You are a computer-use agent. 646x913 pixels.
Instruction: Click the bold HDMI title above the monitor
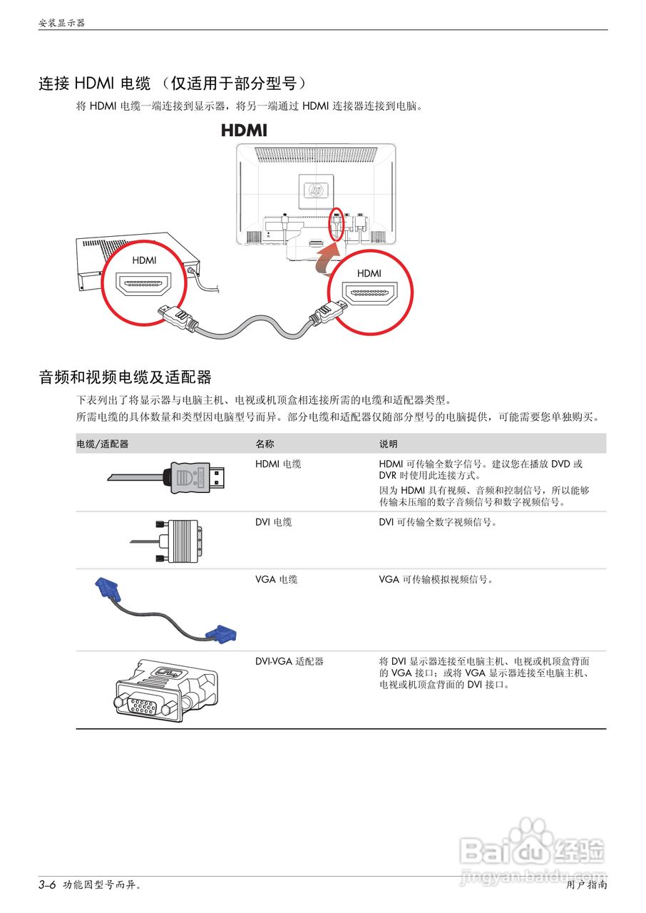coord(244,131)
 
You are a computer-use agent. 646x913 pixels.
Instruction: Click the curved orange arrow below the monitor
coord(329,257)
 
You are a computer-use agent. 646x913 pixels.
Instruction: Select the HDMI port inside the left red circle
coord(143,287)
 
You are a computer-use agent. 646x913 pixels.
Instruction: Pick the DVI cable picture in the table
coord(171,539)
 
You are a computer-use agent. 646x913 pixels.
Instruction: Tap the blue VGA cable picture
coord(165,610)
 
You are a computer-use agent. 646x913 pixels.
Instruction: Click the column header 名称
coord(265,444)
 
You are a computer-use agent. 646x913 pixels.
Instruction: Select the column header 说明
coord(388,444)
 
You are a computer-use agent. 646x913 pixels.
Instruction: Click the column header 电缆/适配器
coord(103,444)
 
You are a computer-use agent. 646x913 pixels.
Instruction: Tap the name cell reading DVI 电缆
coord(273,522)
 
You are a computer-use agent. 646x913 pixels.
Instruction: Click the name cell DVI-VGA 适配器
coord(289,661)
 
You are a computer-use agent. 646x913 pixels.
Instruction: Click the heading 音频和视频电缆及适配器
coord(125,377)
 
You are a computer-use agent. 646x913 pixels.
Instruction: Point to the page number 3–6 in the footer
coord(47,885)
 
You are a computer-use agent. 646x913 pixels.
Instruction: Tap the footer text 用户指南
coord(587,885)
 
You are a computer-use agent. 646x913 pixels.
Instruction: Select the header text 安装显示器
coord(61,23)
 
